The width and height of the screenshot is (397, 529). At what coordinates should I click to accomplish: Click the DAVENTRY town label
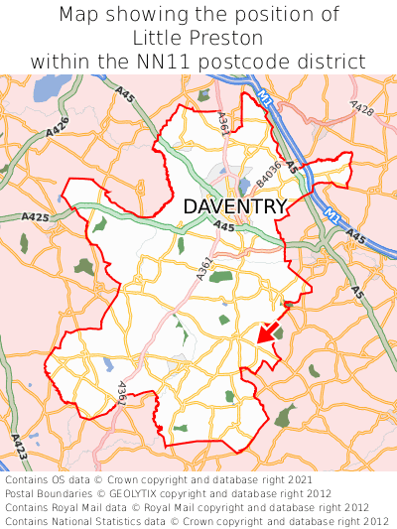(235, 206)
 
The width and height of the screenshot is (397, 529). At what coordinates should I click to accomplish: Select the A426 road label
(58, 127)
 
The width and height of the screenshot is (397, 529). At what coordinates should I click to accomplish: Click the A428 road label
(362, 108)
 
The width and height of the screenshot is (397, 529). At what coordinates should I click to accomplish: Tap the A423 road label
(20, 450)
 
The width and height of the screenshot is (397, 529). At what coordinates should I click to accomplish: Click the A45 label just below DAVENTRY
(223, 227)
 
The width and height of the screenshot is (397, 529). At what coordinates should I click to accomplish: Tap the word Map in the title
(79, 15)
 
